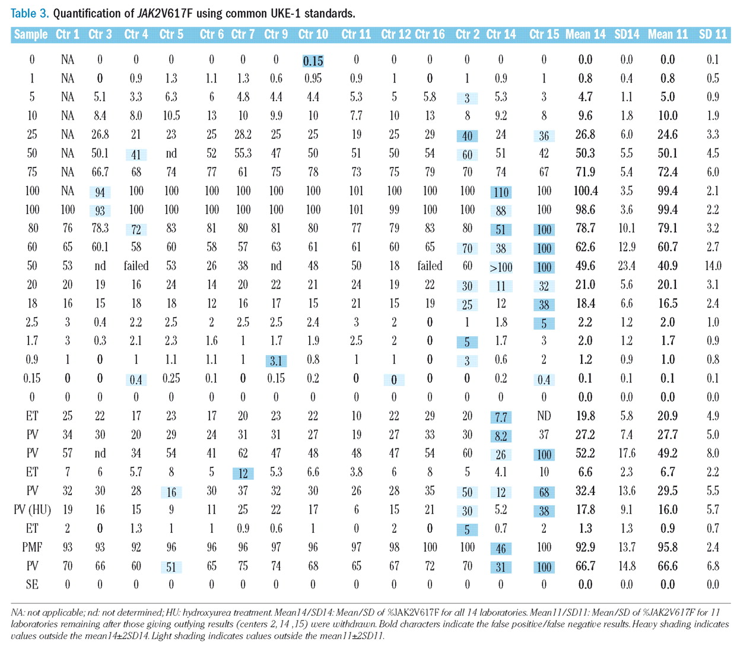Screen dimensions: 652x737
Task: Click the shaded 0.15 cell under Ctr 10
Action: [x=313, y=61]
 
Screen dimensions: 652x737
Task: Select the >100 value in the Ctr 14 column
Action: [x=501, y=267]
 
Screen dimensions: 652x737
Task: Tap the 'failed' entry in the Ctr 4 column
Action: [x=136, y=266]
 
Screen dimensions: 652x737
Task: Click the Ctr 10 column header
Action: [x=313, y=34]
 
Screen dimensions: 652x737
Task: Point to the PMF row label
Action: [x=32, y=547]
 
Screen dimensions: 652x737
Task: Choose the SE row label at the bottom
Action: [x=32, y=585]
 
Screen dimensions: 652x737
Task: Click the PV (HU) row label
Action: [x=32, y=509]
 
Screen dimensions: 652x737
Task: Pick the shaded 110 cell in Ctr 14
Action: [x=501, y=192]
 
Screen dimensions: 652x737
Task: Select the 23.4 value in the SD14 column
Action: [x=627, y=266]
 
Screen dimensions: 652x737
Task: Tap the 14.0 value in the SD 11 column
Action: [x=713, y=266]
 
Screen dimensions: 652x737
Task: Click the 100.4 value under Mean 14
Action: [x=585, y=191]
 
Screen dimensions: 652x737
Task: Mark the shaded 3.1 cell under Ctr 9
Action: [x=276, y=360]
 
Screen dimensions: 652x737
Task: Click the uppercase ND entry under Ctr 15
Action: [x=544, y=416]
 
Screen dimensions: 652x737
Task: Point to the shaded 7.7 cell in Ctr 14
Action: [x=501, y=417]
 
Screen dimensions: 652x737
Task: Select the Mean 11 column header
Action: [x=668, y=34]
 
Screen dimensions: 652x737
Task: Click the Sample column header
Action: [x=31, y=34]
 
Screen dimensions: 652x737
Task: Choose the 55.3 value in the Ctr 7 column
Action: [x=243, y=154]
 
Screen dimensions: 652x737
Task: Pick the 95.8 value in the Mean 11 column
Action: [x=668, y=547]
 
